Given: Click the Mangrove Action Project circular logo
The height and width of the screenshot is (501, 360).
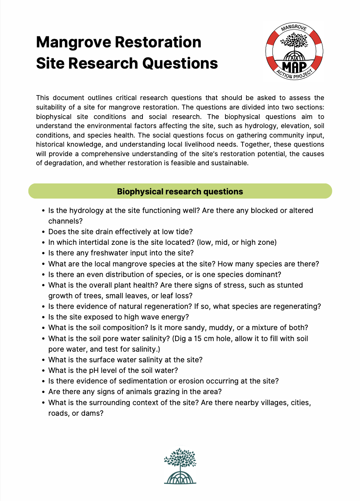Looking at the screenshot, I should (294, 51).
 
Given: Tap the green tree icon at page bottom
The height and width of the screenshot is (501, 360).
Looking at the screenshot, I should (180, 466).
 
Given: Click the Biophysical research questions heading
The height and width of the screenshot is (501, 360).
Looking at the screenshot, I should (180, 191).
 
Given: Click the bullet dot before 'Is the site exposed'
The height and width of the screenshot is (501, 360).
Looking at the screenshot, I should (44, 317).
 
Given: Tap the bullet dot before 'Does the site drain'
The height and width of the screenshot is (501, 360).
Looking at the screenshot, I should (44, 232).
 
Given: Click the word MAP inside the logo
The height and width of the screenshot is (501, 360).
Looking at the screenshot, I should (294, 67).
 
